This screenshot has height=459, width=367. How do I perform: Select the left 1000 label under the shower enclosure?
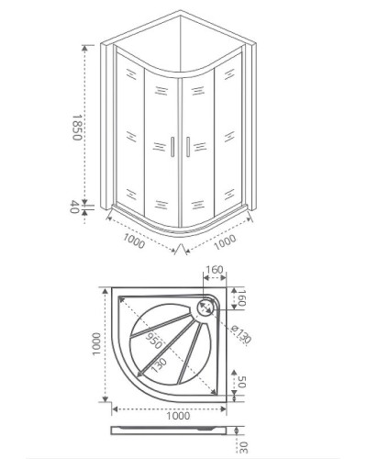point(135,240)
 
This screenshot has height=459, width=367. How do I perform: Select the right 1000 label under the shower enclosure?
point(223,240)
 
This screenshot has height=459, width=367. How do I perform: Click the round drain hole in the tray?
point(207,300)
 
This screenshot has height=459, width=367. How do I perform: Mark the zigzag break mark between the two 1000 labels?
point(180,249)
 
